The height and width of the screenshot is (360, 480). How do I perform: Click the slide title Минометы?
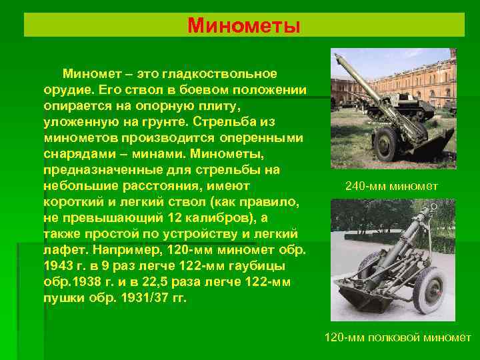244,25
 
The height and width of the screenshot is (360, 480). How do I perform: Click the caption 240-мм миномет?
392,186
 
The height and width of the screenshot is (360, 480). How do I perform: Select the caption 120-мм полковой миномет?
397,337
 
